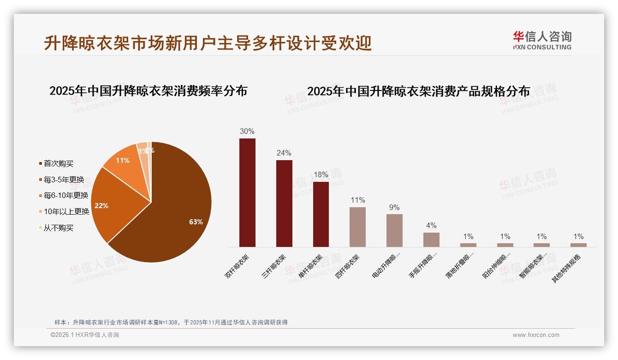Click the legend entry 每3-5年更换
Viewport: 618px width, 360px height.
pyautogui.click(x=64, y=180)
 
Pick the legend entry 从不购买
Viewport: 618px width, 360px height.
pyautogui.click(x=59, y=228)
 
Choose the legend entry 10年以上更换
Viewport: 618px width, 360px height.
pyautogui.click(x=66, y=212)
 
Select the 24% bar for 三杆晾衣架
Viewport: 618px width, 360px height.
pyautogui.click(x=284, y=204)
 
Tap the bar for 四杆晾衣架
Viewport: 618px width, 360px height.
pyautogui.click(x=357, y=227)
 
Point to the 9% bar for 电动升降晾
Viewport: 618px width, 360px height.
pyautogui.click(x=394, y=230)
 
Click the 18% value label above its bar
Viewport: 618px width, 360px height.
pyautogui.click(x=321, y=174)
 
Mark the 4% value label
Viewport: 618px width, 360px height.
pyautogui.click(x=431, y=225)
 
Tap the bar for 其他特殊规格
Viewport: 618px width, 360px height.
pyautogui.click(x=578, y=245)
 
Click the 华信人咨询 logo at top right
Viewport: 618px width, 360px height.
pyautogui.click(x=542, y=40)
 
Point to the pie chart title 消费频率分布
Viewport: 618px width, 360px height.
pyautogui.click(x=149, y=90)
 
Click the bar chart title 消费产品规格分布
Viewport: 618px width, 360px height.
pyautogui.click(x=418, y=91)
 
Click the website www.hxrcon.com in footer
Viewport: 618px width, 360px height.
pyautogui.click(x=536, y=335)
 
